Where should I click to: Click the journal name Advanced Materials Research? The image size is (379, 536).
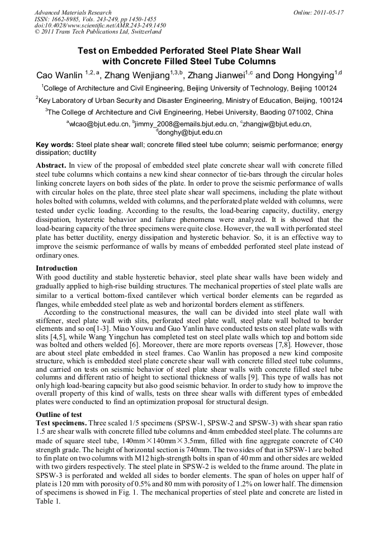point(73,12)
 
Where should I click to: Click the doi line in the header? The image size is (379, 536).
point(100,25)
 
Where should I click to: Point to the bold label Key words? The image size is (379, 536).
point(55,144)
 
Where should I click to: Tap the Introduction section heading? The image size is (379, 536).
point(56,268)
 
